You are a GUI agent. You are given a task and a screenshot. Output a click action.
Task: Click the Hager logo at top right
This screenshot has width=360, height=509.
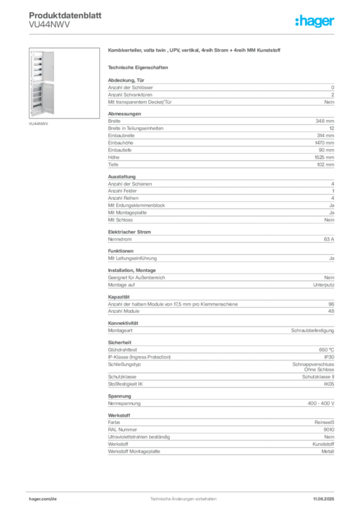tap(315, 21)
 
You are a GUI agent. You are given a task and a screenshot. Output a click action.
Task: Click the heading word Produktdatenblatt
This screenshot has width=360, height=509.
tap(65, 15)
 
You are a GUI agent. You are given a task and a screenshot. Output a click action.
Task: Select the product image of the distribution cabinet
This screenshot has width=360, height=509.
tap(64, 83)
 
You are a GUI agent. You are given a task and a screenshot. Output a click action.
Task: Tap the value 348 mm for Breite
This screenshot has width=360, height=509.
tap(325, 121)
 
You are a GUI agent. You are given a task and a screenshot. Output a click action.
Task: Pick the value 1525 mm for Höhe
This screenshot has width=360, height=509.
tap(324, 158)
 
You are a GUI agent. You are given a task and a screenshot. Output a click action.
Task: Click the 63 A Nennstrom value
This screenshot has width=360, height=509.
tap(329, 239)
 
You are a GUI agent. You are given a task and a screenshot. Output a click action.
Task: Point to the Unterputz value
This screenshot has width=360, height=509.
tap(324, 285)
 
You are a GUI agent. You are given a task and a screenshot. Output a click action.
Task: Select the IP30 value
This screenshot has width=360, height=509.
tap(329, 357)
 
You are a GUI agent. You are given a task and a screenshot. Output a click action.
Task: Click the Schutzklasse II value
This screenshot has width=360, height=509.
tap(318, 377)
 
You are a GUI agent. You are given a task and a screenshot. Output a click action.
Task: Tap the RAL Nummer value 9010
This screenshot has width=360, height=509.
tap(329, 430)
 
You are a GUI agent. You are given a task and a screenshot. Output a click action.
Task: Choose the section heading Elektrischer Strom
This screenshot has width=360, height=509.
tap(129, 232)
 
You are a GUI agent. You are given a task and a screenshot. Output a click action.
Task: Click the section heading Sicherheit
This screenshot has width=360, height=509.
tap(119, 342)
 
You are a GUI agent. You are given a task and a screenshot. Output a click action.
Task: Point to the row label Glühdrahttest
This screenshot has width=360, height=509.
tap(122, 350)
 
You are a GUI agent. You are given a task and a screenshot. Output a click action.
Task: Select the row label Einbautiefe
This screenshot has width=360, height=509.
tap(120, 150)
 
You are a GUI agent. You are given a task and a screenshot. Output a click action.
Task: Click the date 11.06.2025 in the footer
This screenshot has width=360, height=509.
tap(324, 499)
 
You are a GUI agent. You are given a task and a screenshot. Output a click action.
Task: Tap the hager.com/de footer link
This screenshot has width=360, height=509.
tap(43, 499)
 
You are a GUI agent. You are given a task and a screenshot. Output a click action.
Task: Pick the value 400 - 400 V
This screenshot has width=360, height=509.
tap(321, 404)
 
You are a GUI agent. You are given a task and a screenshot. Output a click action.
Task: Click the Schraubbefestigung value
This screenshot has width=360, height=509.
tap(312, 331)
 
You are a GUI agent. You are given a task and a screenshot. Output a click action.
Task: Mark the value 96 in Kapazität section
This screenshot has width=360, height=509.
tap(331, 304)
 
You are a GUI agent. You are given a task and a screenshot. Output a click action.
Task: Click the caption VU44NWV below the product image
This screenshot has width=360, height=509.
tap(38, 124)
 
